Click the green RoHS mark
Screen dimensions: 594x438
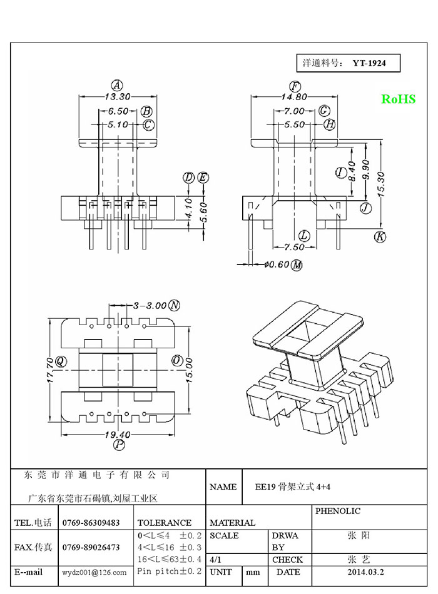398,99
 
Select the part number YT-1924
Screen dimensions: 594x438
372,63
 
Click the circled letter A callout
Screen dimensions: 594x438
116,85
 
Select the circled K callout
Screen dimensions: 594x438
379,236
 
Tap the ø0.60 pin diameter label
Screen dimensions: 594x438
276,264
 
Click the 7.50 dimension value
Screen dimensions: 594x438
294,246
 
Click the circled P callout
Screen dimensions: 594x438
119,445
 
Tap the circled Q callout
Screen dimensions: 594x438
61,361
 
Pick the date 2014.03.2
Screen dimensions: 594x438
366,572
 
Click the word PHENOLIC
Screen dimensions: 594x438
338,511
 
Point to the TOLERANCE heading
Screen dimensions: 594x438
164,523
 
